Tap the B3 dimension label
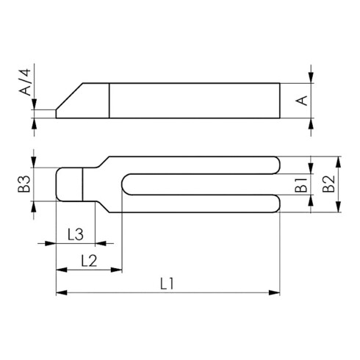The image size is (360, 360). tap(24, 184)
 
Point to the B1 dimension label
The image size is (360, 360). tap(301, 185)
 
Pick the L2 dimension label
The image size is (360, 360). tap(88, 259)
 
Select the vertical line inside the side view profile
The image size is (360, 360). tap(109, 100)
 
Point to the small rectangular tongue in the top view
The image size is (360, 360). tap(70, 184)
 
